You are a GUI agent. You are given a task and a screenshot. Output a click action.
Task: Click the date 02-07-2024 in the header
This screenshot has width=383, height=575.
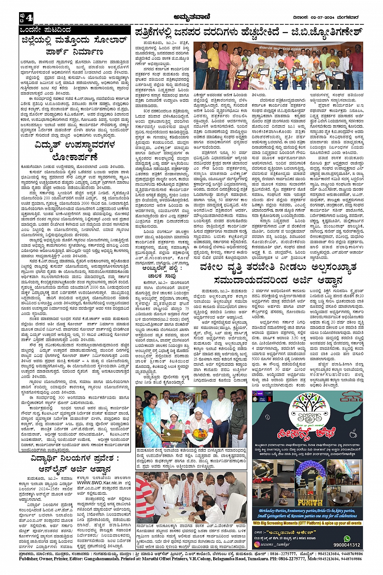pos(320,17)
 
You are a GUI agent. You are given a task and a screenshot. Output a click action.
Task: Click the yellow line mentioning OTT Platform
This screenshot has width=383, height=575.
pos(307,524)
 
